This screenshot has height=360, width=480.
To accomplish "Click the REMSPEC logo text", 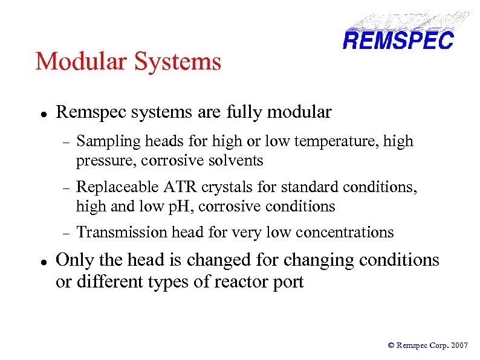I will (x=397, y=40).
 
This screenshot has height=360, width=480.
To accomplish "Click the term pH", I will (x=182, y=206).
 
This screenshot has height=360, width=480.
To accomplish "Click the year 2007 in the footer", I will (x=459, y=345).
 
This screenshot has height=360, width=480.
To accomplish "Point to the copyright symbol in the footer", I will (x=391, y=345).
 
